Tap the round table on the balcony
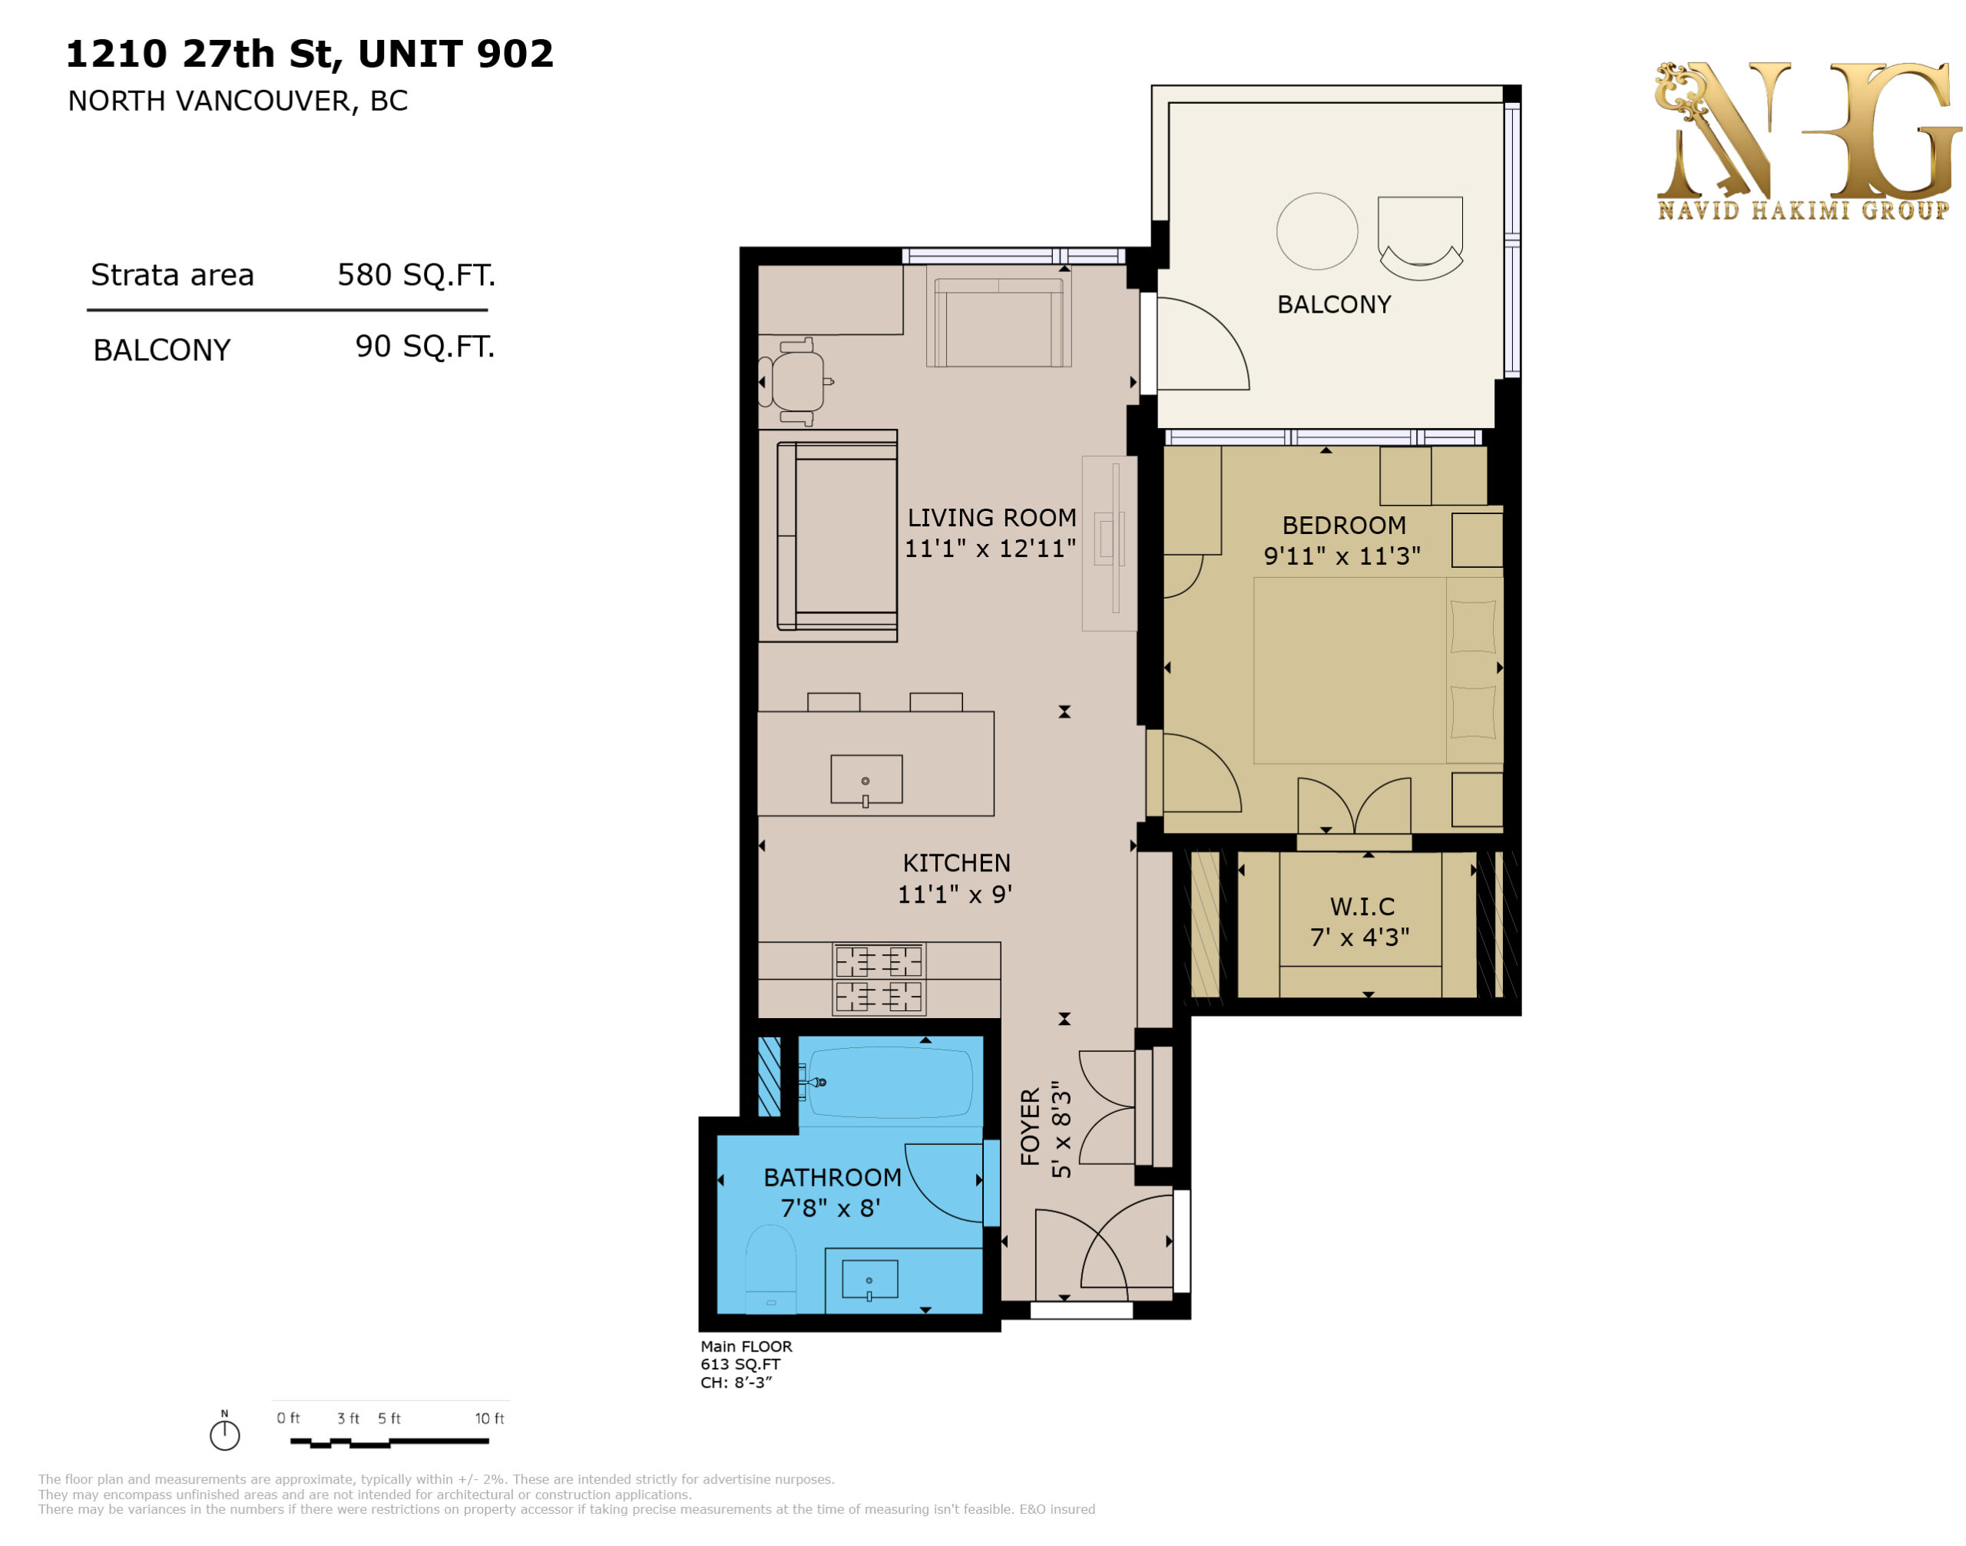1316,231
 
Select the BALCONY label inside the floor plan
1334,304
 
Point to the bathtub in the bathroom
889,1083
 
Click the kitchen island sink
866,779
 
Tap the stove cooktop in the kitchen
879,978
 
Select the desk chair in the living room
794,381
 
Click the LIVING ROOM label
991,518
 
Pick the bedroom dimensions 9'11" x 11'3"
1342,556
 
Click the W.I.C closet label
1362,906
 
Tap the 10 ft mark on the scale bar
489,1418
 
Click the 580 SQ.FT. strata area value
416,275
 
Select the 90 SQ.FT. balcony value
425,347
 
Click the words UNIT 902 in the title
455,54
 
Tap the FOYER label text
1031,1127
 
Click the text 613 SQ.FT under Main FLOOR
740,1364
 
